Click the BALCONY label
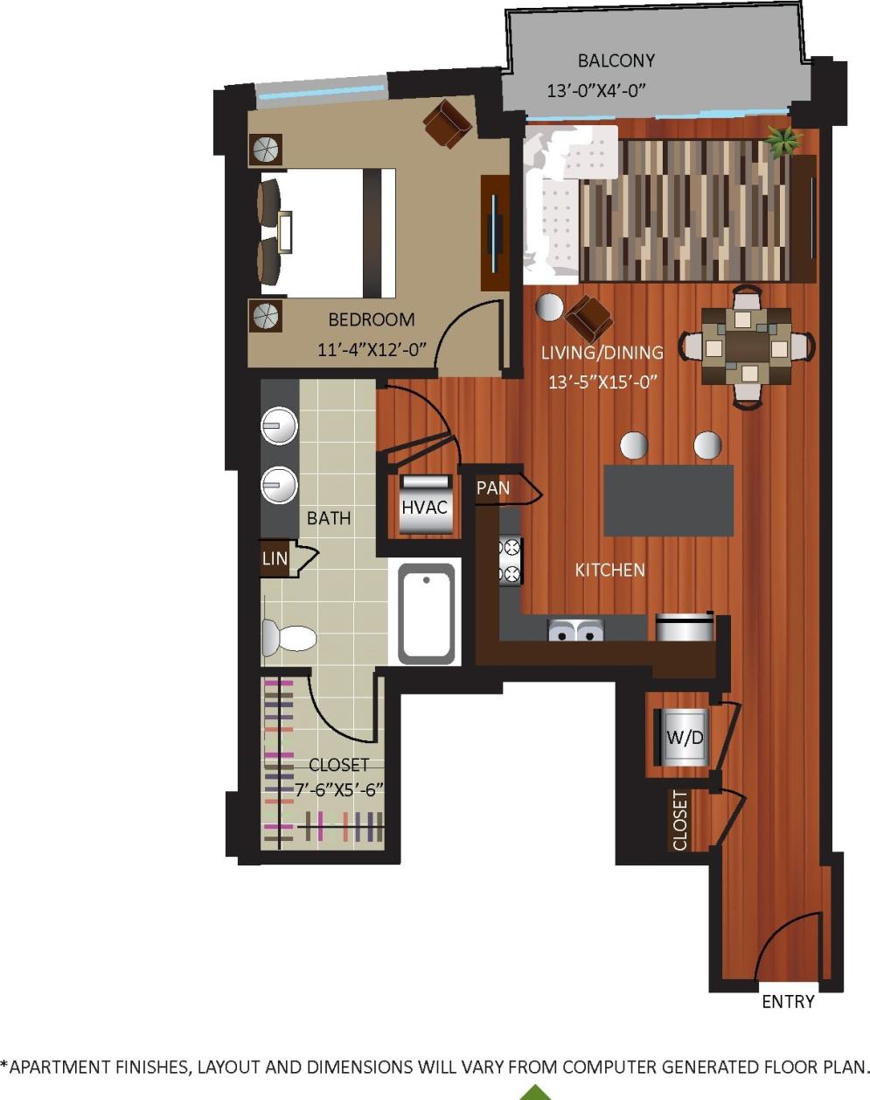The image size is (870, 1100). (616, 61)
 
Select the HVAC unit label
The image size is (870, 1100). (425, 508)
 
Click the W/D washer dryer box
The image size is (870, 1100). (684, 737)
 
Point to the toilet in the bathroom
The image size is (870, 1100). (289, 637)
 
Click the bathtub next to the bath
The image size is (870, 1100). (427, 613)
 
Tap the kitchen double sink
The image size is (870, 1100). (575, 629)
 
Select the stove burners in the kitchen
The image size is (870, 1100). (510, 561)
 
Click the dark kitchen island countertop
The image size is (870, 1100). (668, 501)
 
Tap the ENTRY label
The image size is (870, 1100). (788, 1002)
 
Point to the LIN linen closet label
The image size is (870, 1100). (275, 558)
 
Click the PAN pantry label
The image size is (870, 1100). (493, 488)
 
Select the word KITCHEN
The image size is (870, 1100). (609, 571)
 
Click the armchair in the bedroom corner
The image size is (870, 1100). (448, 123)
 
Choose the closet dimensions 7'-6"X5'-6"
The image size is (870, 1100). (338, 788)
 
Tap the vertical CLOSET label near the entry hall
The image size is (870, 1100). (679, 820)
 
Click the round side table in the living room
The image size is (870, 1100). (549, 307)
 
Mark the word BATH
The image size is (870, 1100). (329, 518)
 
